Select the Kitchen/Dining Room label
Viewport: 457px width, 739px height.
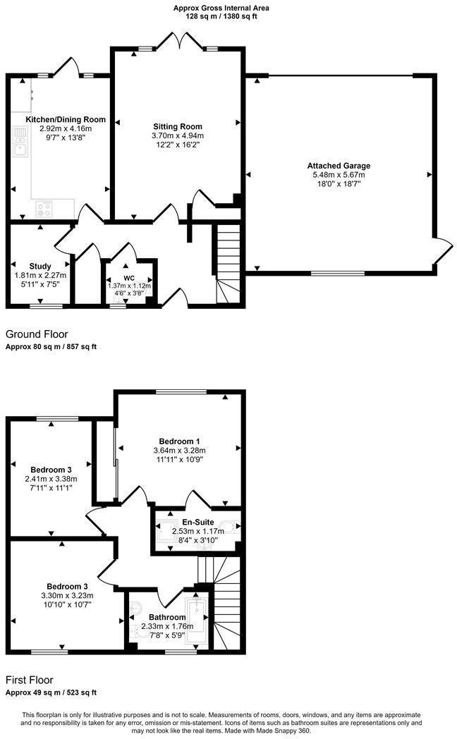coord(66,119)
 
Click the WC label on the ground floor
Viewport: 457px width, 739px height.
coord(129,277)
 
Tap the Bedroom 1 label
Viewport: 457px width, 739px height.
coord(179,441)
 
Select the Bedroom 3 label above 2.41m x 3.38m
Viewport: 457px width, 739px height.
coord(50,469)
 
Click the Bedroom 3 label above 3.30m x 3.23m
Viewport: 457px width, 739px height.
coord(67,586)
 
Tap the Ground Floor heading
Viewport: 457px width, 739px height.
coord(37,334)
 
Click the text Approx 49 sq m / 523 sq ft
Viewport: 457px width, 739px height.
coord(51,692)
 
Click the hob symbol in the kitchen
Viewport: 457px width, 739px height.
coord(44,209)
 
